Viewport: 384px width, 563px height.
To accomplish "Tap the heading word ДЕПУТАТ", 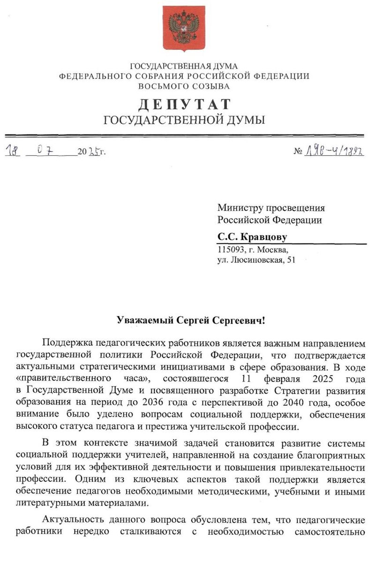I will click(x=184, y=104).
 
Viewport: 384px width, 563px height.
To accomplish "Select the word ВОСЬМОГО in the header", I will click(x=160, y=86).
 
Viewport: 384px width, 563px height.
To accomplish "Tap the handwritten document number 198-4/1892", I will click(x=335, y=151).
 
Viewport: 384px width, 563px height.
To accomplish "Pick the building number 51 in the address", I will click(x=291, y=260).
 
